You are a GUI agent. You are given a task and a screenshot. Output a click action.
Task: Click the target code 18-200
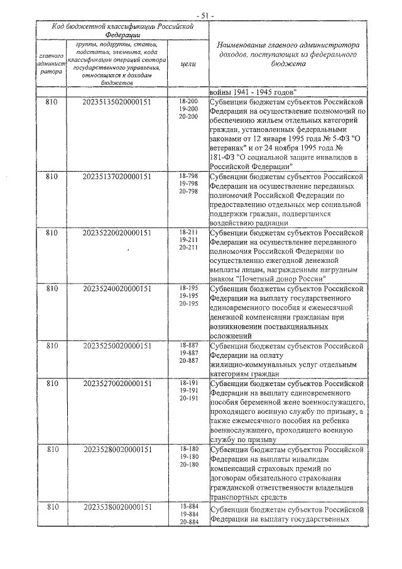(x=188, y=101)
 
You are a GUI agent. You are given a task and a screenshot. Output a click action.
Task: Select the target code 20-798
(x=188, y=191)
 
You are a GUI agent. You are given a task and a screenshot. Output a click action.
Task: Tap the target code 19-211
(x=188, y=240)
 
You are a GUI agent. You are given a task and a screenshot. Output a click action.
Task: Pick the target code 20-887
(x=188, y=360)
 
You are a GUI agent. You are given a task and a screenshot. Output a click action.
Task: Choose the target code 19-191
(x=188, y=390)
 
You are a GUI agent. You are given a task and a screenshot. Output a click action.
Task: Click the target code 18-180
(x=188, y=448)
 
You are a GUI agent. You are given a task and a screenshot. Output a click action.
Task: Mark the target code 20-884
(x=188, y=522)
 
